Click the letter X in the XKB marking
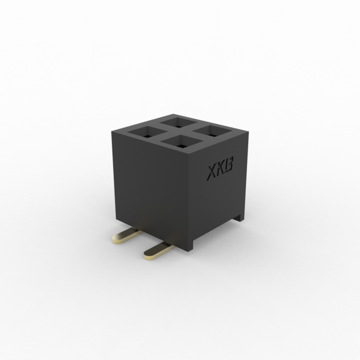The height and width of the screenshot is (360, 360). point(212,173)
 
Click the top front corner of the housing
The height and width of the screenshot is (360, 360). point(193,155)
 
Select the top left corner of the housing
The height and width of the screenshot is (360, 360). point(111,129)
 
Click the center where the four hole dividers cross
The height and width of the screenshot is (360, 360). point(179,132)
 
